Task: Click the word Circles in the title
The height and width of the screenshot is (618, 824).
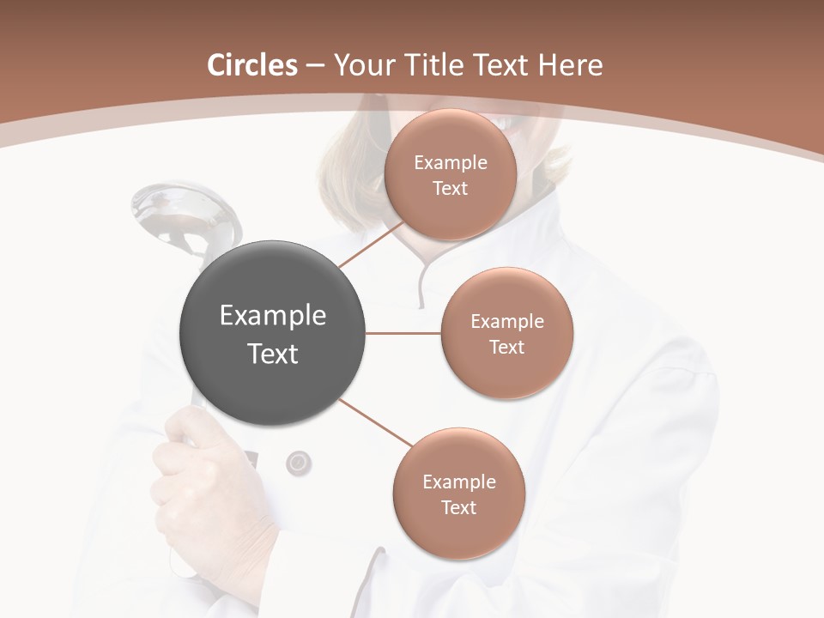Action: (x=251, y=65)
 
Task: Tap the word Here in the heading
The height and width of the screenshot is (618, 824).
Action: (x=572, y=65)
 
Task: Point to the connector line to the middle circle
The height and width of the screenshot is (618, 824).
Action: (x=403, y=333)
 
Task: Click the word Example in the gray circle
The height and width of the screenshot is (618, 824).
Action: (x=272, y=316)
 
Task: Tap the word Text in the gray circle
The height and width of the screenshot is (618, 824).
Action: (x=272, y=354)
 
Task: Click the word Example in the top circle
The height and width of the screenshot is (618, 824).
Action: (x=450, y=163)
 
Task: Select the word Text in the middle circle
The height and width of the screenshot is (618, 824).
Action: (x=506, y=347)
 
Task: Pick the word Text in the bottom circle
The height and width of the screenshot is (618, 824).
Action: (x=458, y=507)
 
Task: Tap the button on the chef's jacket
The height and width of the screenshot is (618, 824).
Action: (x=298, y=463)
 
